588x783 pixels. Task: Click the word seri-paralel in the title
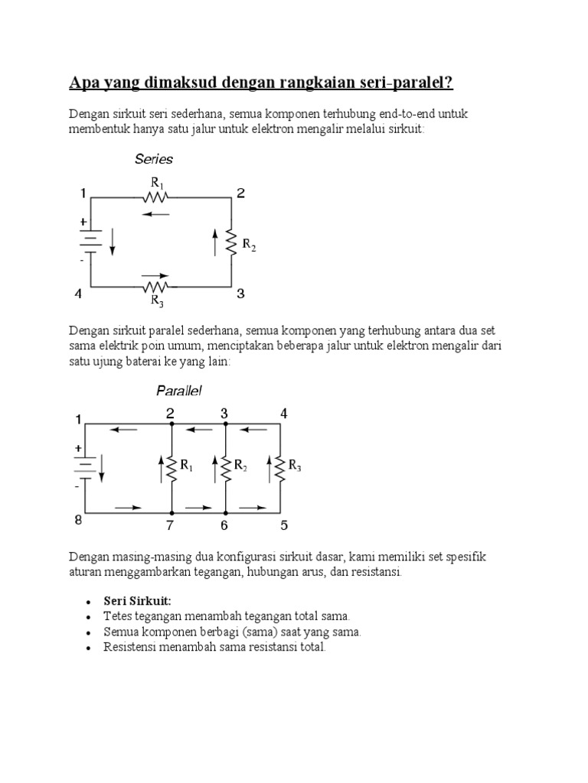(x=403, y=82)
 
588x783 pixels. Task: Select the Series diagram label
(x=154, y=159)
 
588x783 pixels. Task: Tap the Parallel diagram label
(x=179, y=391)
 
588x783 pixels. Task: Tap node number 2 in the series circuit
(x=240, y=193)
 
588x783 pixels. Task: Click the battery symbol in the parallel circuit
(x=85, y=467)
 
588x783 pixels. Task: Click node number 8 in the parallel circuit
(x=78, y=521)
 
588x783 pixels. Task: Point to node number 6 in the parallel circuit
(x=225, y=526)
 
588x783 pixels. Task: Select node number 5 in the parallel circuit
(x=285, y=526)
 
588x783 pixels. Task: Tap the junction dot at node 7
(x=171, y=512)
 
